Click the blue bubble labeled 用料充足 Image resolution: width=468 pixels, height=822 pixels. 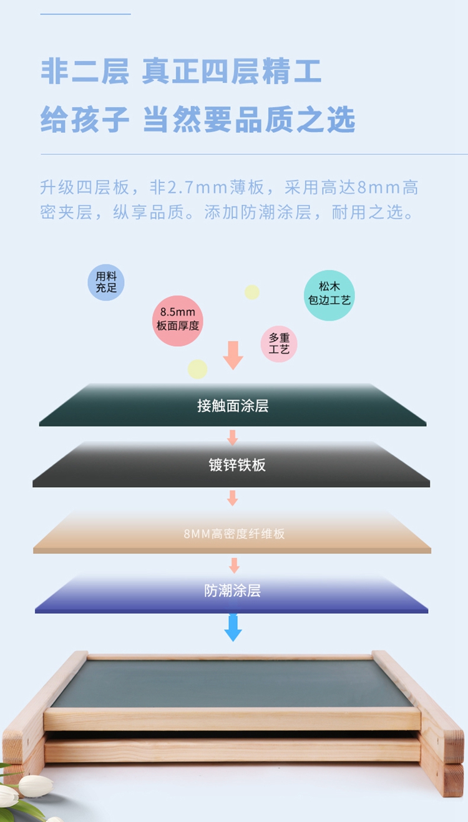click(105, 282)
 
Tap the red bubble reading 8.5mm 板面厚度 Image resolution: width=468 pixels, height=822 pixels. click(178, 321)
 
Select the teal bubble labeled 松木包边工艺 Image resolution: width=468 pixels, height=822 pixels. click(329, 296)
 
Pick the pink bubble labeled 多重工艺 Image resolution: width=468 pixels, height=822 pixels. click(279, 344)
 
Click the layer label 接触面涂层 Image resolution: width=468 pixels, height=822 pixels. click(233, 406)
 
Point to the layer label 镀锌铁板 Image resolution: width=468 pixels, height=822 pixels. click(237, 465)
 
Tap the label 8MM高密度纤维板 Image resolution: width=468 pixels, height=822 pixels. click(234, 534)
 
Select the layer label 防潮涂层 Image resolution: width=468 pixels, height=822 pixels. click(232, 591)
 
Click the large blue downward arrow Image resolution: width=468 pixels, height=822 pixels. click(233, 627)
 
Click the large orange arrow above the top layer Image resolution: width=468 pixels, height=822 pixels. click(233, 355)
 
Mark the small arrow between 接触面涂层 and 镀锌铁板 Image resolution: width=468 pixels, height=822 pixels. click(232, 437)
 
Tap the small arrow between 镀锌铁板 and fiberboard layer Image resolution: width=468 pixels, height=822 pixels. click(232, 498)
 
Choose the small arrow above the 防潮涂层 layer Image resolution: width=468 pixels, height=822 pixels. click(234, 566)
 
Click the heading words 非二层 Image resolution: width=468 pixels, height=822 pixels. click(85, 71)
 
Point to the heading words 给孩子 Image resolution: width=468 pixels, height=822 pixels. click(85, 119)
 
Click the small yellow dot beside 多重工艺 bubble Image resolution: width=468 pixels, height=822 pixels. click(252, 292)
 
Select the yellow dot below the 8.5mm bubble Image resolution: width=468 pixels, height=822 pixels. click(197, 369)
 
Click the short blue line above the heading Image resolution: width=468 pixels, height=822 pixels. click(85, 14)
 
